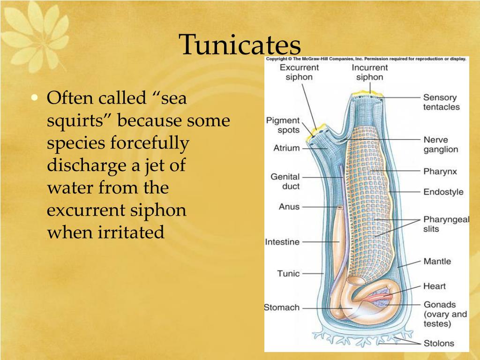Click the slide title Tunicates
(x=240, y=45)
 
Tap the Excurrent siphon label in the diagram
(x=299, y=72)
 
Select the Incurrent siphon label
(x=370, y=72)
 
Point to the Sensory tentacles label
(x=441, y=102)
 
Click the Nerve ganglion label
(x=441, y=144)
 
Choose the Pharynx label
(x=440, y=172)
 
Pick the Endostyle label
(x=443, y=192)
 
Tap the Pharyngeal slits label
(x=446, y=224)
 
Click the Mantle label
(x=437, y=262)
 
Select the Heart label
(x=434, y=286)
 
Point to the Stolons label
(x=439, y=343)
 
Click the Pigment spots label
(x=283, y=125)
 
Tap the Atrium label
(x=286, y=148)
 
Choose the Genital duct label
(x=285, y=181)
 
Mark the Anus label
(x=289, y=206)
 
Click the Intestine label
(x=282, y=242)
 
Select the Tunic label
(x=288, y=273)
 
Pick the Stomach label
(x=282, y=307)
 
